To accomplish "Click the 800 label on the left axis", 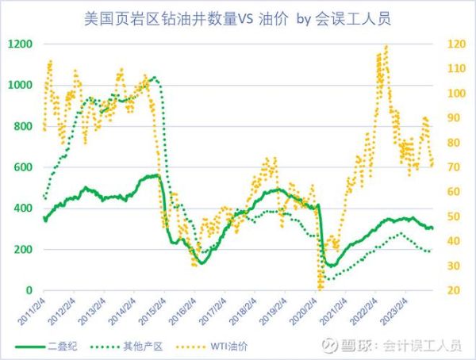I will coord(23,126).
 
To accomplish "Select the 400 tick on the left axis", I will coord(23,209).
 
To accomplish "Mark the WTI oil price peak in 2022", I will coord(386,46).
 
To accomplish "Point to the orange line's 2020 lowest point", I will coord(320,286).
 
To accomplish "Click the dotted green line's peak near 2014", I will coord(152,78).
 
